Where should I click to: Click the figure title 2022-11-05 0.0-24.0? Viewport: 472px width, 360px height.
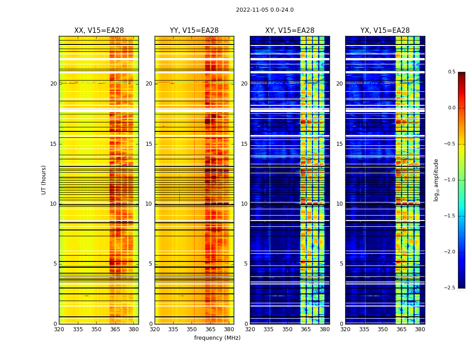pos(265,10)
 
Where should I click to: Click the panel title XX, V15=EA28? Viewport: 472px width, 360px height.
pos(99,31)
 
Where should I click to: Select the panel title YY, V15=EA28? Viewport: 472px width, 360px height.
pos(194,31)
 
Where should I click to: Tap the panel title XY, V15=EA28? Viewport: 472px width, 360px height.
pos(289,31)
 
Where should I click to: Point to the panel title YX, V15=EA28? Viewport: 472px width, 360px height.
pos(385,31)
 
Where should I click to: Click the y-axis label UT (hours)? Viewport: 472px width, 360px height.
pos(44,180)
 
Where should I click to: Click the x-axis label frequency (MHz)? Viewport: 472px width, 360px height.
pos(217,338)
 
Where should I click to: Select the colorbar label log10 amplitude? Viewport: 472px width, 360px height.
pos(436,180)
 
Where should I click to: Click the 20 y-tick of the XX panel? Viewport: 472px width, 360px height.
pos(53,84)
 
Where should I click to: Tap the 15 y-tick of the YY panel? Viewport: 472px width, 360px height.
pos(149,144)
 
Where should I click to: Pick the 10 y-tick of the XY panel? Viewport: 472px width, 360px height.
pos(244,204)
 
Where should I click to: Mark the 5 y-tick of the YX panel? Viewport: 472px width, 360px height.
pos(341,264)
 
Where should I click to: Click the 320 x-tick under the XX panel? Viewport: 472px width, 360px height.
pos(59,329)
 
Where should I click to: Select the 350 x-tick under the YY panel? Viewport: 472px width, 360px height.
pos(192,329)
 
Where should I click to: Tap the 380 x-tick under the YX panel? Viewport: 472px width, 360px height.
pos(420,329)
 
